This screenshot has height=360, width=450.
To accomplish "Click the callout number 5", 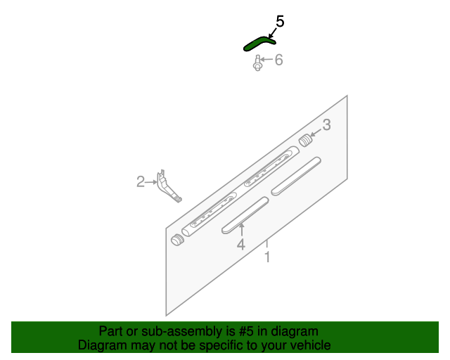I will tap(280, 22).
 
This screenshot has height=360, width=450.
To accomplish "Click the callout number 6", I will tap(278, 60).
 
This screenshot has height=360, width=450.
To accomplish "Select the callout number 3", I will tap(326, 126).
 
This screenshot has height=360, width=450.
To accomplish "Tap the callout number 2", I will tap(141, 183).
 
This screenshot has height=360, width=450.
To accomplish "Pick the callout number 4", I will tap(240, 245).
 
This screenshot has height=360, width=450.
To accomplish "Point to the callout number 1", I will tap(267, 258).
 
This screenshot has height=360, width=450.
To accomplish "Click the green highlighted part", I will tap(257, 44).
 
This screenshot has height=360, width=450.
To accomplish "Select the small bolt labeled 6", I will tap(258, 65).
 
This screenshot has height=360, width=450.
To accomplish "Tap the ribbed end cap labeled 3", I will tap(306, 140).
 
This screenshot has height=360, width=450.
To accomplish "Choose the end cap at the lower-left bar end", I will tap(176, 240).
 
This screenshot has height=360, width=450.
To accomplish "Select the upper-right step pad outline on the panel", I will tap(296, 175).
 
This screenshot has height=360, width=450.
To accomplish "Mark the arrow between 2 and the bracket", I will tap(152, 183).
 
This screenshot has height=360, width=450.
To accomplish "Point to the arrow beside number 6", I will tap(266, 61).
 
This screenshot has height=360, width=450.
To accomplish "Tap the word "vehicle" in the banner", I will tap(309, 345).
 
